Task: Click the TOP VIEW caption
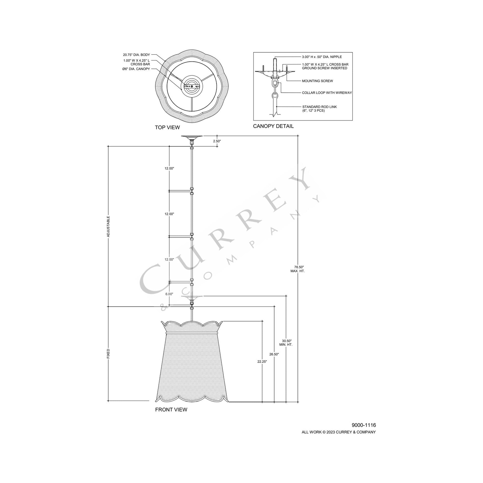click(x=167, y=127)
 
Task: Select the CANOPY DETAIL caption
click(x=273, y=126)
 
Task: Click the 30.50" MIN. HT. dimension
click(x=286, y=343)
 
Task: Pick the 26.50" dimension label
click(x=274, y=354)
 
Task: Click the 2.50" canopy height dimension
click(x=217, y=141)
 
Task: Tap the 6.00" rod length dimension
click(x=169, y=294)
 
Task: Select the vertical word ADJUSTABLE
click(x=108, y=227)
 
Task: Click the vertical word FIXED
click(x=108, y=354)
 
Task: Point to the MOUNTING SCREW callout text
click(x=317, y=81)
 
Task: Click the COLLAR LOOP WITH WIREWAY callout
click(x=327, y=93)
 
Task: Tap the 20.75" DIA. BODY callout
click(x=136, y=55)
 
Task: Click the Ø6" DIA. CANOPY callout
click(x=136, y=69)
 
